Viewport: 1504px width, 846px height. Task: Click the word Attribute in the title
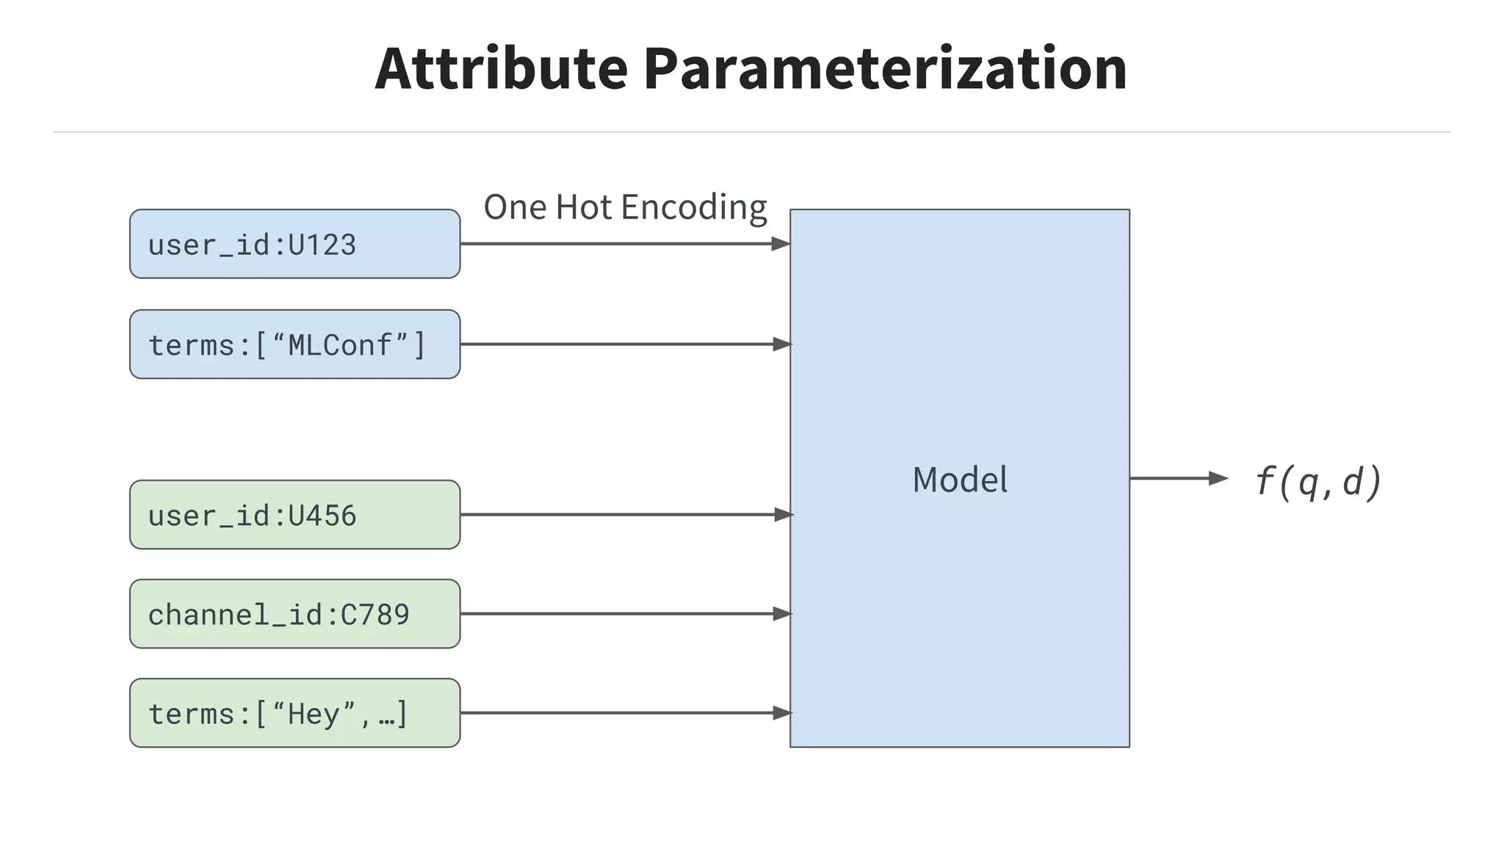(x=501, y=68)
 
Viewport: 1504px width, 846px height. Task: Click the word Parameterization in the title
(x=885, y=68)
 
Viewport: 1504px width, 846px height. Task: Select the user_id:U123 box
(x=294, y=244)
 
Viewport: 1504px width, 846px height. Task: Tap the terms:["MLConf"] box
(x=294, y=344)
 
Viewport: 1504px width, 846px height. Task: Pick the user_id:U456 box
(x=294, y=515)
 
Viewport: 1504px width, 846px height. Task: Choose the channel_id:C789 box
(x=294, y=614)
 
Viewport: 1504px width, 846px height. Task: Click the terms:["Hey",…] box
(x=294, y=713)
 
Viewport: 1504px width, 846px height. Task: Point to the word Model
(x=960, y=480)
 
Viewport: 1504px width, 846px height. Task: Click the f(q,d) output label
(x=1318, y=482)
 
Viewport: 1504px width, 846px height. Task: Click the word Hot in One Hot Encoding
(x=584, y=207)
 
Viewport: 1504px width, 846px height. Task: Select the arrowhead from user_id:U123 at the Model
(x=781, y=244)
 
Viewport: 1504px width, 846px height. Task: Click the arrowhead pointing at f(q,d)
(x=1218, y=479)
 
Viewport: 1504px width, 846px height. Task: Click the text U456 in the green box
(x=322, y=516)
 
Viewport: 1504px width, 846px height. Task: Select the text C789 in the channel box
(x=375, y=615)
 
